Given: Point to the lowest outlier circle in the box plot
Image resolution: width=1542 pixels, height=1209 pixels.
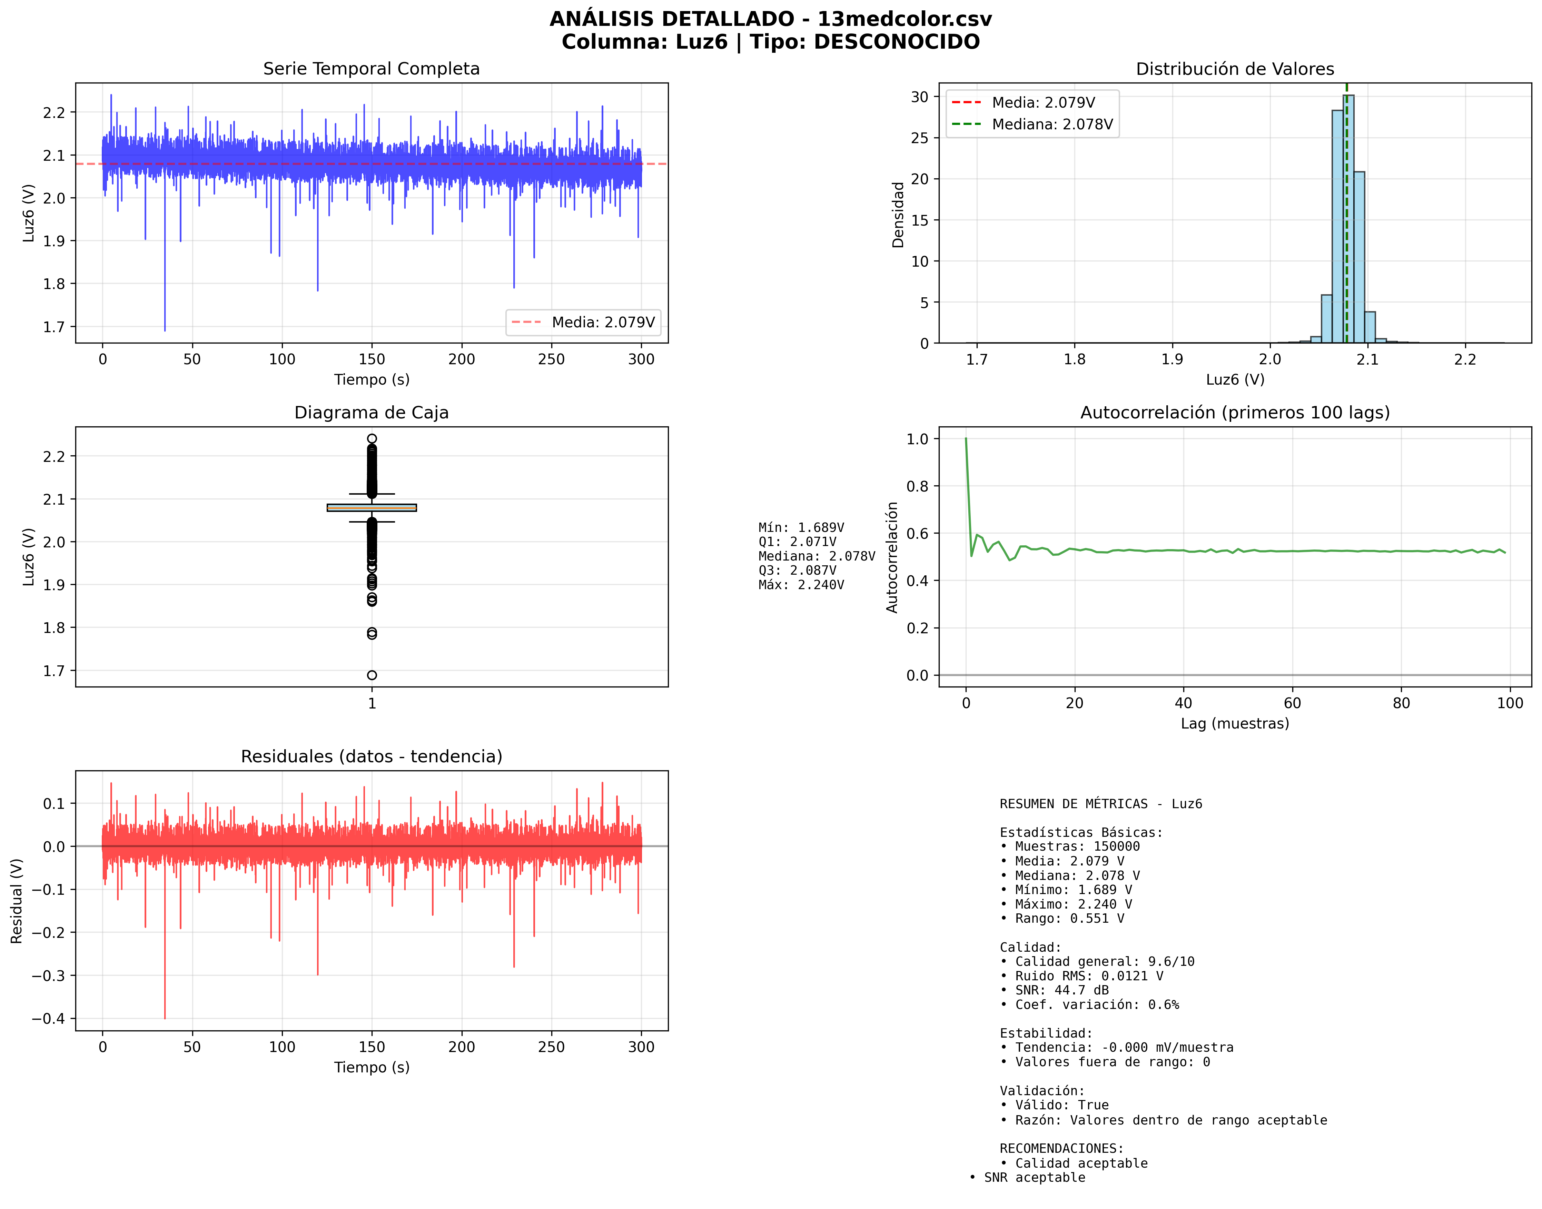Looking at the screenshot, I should point(372,675).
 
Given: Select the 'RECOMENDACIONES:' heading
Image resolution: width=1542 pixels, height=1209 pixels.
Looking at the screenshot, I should point(1061,1148).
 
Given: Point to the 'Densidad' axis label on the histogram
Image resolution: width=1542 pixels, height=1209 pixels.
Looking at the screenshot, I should point(898,215).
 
